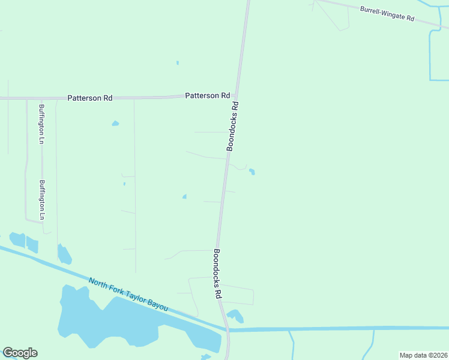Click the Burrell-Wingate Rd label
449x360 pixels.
coord(387,14)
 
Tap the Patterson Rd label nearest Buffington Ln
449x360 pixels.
coord(90,98)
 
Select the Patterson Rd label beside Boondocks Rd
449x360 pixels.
coord(208,95)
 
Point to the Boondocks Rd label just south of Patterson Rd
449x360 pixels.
coord(233,126)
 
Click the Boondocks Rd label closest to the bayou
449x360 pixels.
coord(218,274)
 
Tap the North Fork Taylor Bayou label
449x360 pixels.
coord(128,293)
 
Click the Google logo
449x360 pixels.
coord(20,353)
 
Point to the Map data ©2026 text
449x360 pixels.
coord(423,355)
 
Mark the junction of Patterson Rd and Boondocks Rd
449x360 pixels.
coord(237,96)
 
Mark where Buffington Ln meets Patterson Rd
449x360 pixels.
coord(41,98)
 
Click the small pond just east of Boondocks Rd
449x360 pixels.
coord(252,172)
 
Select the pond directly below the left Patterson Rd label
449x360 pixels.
coord(115,124)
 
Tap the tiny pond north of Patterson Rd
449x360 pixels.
coord(178,62)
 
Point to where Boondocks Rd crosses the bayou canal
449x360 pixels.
coord(228,329)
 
